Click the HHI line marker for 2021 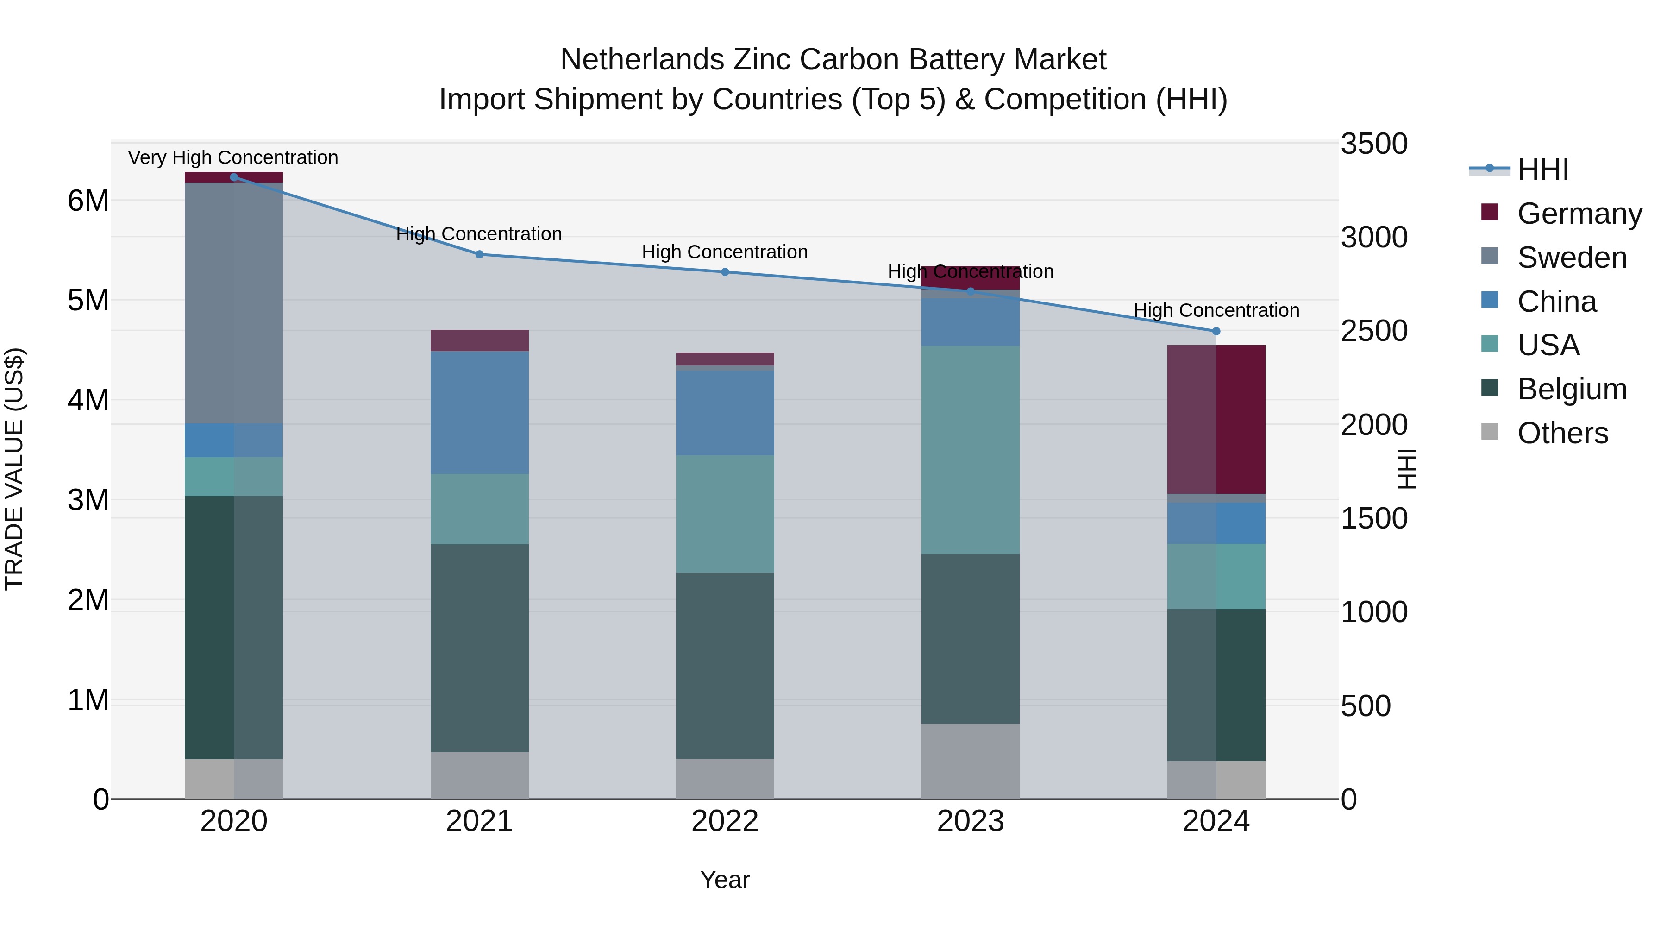pos(480,254)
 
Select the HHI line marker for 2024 pos(1216,332)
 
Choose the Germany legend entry pos(1579,214)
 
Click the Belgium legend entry pos(1571,389)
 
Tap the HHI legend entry pos(1543,170)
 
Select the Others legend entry pos(1562,433)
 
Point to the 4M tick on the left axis pos(88,400)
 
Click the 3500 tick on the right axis pos(1373,144)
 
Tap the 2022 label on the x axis pos(725,821)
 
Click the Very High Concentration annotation pos(233,157)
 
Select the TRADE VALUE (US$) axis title pos(14,469)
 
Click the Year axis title pos(725,880)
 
